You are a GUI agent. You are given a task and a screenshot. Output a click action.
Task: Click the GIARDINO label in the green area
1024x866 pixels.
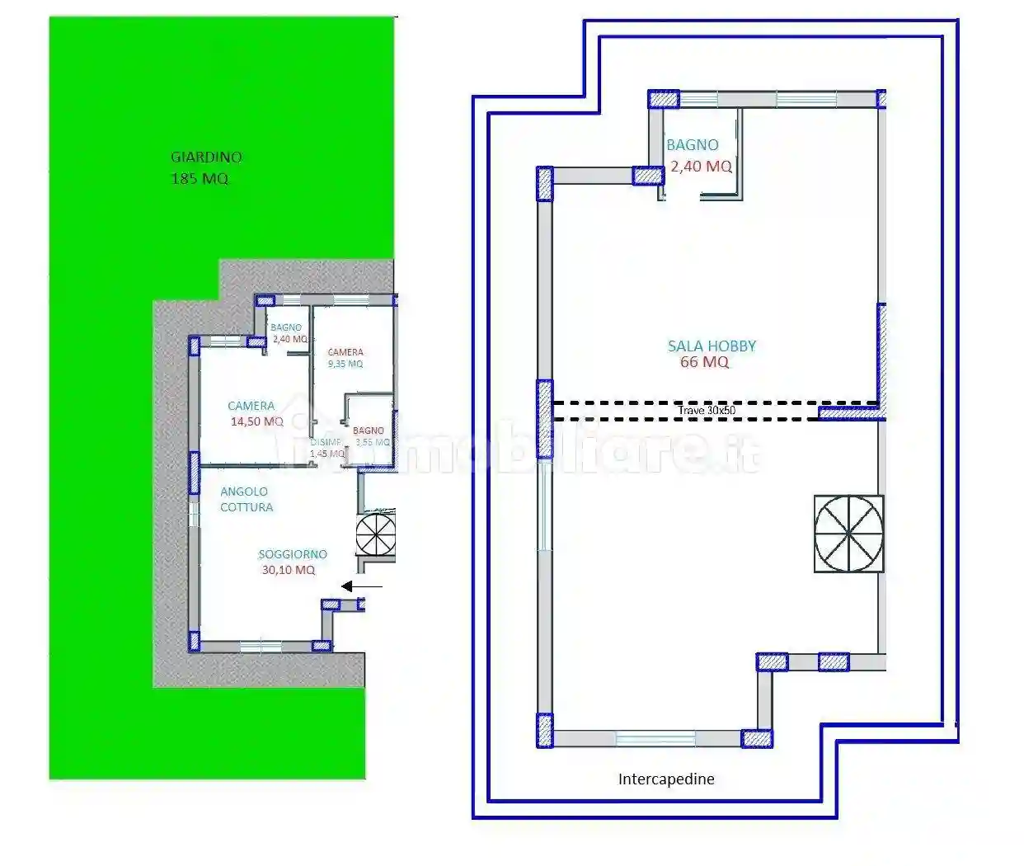[206, 157]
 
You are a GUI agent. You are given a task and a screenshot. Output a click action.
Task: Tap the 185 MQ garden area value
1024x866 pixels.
[200, 178]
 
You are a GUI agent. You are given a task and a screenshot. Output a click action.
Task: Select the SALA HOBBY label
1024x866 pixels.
[712, 346]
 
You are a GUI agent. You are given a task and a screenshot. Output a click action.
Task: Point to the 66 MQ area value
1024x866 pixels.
[704, 362]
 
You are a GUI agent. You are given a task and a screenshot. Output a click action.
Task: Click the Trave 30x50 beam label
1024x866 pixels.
[707, 410]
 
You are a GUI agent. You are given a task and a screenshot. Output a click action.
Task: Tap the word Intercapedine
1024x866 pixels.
[666, 779]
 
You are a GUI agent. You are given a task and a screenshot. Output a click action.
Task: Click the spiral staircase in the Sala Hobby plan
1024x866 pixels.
[848, 534]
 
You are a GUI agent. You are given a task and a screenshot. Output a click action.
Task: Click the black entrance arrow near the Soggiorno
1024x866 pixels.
[362, 586]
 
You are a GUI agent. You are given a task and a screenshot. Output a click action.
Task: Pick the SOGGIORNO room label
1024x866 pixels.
[293, 554]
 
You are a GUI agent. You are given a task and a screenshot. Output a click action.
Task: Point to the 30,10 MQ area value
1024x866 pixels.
[288, 570]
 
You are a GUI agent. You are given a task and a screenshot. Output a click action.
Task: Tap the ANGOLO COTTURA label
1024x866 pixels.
[246, 499]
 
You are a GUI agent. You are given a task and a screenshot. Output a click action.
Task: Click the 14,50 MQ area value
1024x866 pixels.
[257, 421]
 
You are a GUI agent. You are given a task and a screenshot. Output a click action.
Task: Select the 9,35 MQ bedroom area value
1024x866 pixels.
[345, 364]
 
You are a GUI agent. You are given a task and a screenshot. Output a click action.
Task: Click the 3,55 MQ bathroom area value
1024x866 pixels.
[373, 442]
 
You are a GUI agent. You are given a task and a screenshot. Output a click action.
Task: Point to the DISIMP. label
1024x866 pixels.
[325, 442]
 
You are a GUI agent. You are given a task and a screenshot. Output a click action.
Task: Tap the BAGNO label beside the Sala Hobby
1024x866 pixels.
[693, 145]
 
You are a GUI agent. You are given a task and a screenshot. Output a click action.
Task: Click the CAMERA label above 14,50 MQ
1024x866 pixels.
[251, 406]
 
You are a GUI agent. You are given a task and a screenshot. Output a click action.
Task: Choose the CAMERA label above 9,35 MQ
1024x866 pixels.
[345, 352]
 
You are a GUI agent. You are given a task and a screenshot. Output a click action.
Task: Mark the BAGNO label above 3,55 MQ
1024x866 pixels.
[369, 431]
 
